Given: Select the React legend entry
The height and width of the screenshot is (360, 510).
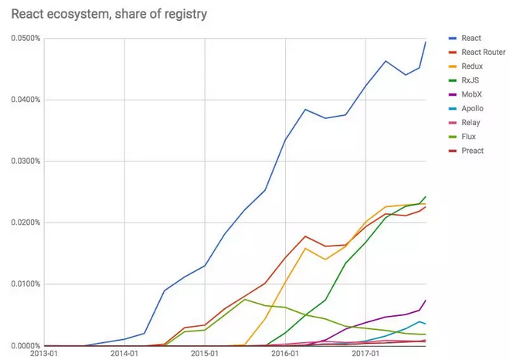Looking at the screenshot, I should [x=471, y=38].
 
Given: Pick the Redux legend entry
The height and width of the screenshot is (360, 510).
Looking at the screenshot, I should [x=472, y=66].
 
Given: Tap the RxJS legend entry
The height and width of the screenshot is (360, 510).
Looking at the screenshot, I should [x=471, y=80].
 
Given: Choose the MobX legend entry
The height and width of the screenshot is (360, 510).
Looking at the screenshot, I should [x=472, y=94].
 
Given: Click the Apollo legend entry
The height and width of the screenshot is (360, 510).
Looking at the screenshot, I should [x=472, y=108].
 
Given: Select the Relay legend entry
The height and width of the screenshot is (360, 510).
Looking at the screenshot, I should [x=471, y=122].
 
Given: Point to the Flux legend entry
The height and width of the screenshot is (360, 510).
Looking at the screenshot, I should [x=469, y=136].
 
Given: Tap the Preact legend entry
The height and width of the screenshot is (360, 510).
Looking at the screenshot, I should [x=472, y=150].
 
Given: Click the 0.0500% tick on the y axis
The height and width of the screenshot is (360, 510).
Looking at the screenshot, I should [x=25, y=38].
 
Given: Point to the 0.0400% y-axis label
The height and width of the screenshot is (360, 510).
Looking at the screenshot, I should [x=25, y=100].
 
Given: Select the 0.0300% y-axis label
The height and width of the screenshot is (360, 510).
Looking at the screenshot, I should [x=25, y=161].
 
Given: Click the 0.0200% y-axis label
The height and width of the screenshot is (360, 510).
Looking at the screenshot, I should [x=25, y=222].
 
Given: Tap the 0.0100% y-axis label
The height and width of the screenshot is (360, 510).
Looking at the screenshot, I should [x=25, y=284].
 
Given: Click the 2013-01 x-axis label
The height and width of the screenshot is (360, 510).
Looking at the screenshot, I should [x=44, y=354].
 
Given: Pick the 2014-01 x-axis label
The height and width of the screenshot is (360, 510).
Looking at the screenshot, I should [x=124, y=354].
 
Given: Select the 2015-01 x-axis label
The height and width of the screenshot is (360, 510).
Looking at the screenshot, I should [x=205, y=354].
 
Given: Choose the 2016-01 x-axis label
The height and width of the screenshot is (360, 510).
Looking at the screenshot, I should [x=285, y=354].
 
